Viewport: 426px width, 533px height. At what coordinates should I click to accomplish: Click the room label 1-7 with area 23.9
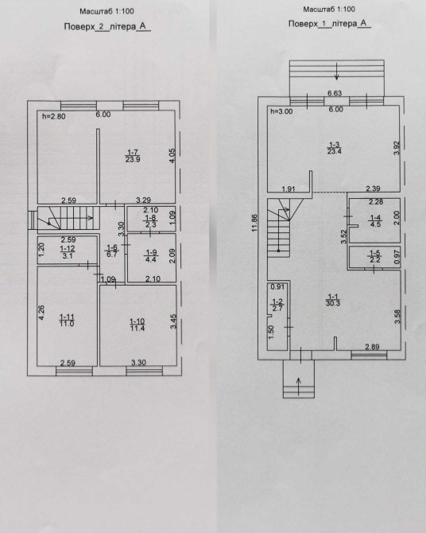[x=133, y=156]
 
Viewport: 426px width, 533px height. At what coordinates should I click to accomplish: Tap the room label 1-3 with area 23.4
[x=334, y=148]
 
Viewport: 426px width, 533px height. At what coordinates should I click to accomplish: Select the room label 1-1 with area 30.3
[x=332, y=300]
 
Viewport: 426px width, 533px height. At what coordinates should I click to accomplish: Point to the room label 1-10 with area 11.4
[x=137, y=325]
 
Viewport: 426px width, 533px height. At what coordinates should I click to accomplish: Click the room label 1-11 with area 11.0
[x=67, y=321]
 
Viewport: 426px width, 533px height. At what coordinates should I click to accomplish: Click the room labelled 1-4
[x=374, y=220]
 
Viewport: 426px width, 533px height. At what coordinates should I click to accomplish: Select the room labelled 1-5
[x=374, y=257]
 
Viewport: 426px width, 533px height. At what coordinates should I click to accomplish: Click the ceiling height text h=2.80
[x=54, y=117]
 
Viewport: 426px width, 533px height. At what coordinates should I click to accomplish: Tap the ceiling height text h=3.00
[x=281, y=111]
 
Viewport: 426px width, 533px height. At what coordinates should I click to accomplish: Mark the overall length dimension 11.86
[x=254, y=223]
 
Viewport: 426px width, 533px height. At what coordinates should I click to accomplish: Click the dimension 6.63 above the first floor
[x=335, y=93]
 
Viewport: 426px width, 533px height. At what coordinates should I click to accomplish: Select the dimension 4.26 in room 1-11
[x=41, y=313]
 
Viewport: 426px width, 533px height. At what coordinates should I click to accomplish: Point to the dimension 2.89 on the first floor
[x=372, y=347]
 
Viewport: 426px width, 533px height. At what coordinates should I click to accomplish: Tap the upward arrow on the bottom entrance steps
[x=299, y=386]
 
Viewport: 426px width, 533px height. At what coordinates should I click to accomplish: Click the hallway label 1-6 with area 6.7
[x=112, y=251]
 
